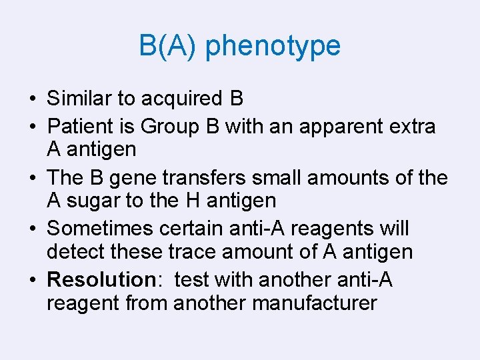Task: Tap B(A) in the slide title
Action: click(x=168, y=46)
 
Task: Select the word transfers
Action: click(x=213, y=177)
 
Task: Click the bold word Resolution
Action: click(x=101, y=280)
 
